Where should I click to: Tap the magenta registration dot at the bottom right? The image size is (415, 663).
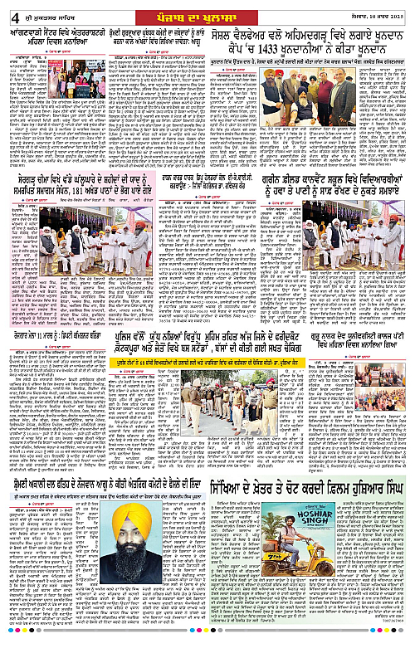coord(398,656)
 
